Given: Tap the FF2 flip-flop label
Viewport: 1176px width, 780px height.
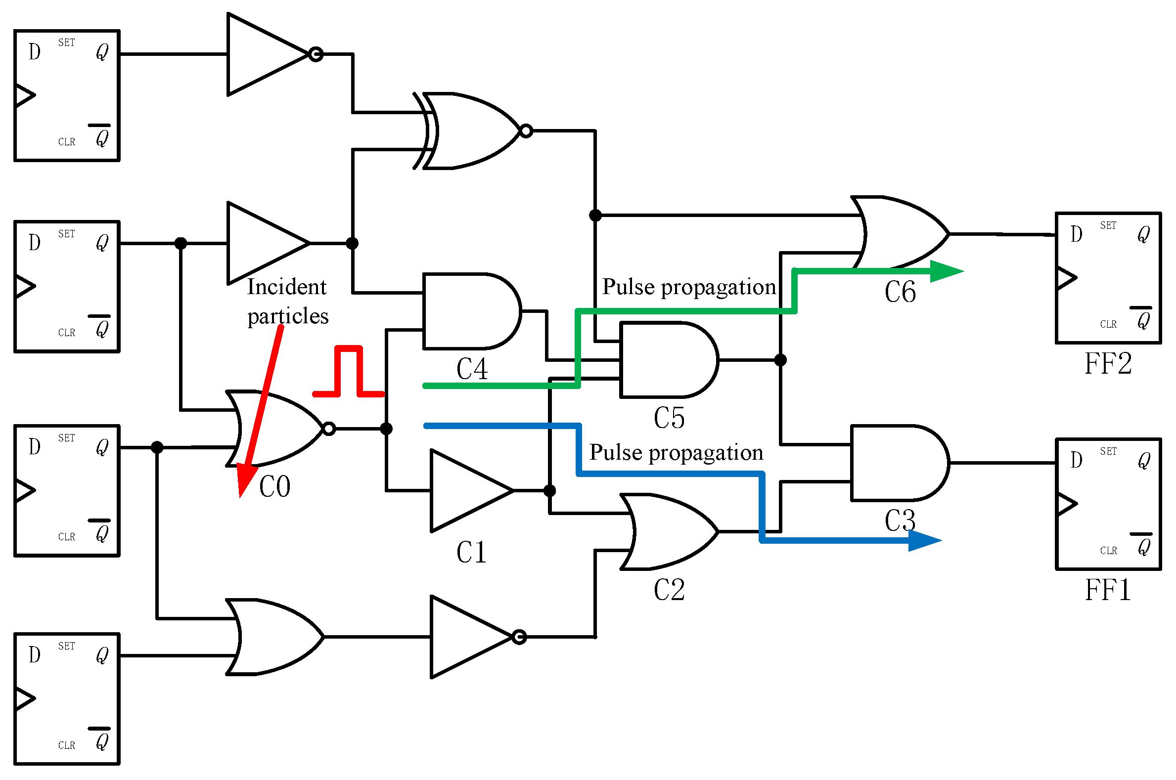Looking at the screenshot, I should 1107,364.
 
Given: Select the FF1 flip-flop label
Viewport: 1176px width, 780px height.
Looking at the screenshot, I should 1107,591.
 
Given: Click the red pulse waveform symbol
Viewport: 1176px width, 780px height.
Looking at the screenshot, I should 348,371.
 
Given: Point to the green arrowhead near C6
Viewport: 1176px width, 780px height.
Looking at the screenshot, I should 946,271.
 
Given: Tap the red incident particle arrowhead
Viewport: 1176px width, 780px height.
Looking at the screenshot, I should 245,480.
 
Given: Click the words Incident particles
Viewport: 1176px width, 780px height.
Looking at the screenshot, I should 288,302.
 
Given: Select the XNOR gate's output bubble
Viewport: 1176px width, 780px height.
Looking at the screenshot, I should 526,131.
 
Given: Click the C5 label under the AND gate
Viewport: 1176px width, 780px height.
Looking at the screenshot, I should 669,418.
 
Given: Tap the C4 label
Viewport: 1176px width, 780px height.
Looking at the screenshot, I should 472,369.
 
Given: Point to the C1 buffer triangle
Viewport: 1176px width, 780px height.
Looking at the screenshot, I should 465,491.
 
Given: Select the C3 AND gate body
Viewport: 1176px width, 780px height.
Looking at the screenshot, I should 896,463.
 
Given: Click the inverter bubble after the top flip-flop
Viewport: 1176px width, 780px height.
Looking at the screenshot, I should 316,54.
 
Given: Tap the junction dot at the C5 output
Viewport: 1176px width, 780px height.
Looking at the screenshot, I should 780,360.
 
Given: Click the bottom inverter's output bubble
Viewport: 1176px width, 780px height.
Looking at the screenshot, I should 519,637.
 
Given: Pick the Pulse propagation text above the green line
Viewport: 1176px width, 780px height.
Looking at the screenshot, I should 689,287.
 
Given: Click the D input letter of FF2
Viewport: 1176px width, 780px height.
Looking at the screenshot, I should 1076,234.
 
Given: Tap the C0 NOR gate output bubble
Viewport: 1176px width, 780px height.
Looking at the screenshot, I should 329,429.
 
